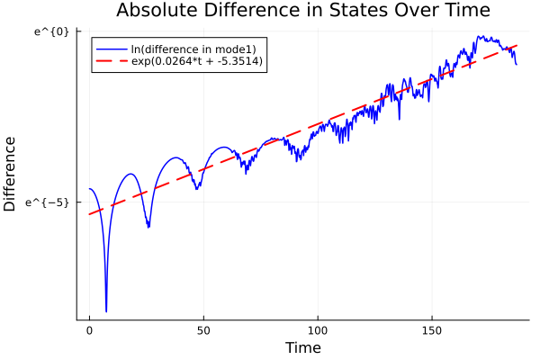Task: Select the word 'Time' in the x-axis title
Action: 302,347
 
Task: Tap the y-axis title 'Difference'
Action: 11,174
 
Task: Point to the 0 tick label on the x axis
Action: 89,330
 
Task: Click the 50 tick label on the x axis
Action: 203,330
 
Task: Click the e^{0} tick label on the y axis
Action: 50,32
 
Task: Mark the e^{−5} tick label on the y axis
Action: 48,202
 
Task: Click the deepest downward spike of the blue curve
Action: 106,311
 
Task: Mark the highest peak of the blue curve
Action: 481,37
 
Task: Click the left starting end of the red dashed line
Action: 89,214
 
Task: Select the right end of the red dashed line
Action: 517,45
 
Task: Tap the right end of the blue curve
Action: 517,64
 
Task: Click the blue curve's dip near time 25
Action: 148,227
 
